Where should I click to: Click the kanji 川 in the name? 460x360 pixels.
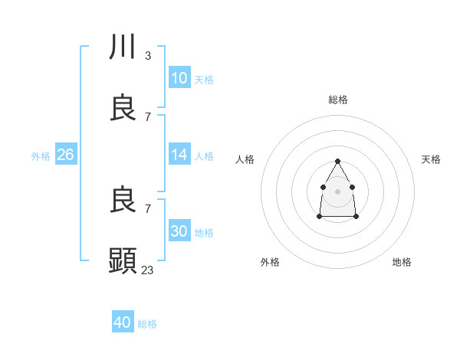(123, 48)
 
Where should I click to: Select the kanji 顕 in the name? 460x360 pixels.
(123, 261)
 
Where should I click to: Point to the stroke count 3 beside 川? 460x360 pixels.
(147, 55)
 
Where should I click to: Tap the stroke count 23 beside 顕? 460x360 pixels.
(148, 270)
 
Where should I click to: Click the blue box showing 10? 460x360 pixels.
(179, 78)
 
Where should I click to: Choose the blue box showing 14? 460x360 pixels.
(179, 155)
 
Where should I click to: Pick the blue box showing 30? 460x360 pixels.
(179, 231)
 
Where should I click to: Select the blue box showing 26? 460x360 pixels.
(66, 155)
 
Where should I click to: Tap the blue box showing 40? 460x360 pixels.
(123, 322)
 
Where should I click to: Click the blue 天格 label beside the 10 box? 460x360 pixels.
(204, 80)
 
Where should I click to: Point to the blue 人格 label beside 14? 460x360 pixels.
(204, 156)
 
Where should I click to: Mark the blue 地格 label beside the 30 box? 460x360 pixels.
(204, 233)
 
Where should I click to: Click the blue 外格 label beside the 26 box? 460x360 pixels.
(41, 156)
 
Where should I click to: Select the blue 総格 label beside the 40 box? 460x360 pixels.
(147, 324)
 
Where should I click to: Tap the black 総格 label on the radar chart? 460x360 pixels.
(338, 100)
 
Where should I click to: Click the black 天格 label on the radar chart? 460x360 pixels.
(431, 159)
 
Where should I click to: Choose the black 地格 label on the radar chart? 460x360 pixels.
(402, 262)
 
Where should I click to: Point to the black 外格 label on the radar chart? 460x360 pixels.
(270, 262)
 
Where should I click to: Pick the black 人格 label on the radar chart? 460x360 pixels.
(245, 159)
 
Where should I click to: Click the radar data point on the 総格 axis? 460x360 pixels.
(338, 161)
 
